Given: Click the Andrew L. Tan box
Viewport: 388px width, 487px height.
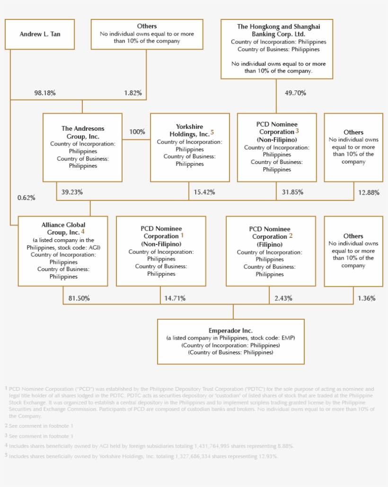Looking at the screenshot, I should [x=40, y=34].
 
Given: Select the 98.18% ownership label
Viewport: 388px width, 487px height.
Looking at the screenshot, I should [x=45, y=93].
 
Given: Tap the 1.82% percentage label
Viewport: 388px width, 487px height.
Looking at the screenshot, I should [x=133, y=93].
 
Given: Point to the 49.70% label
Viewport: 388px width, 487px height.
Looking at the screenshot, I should [x=295, y=93].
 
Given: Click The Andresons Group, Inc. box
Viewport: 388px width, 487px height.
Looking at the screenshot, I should [x=82, y=147].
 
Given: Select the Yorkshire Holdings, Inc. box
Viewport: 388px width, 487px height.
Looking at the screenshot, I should [x=190, y=147].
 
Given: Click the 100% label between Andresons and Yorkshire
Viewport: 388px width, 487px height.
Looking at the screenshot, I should [x=137, y=132].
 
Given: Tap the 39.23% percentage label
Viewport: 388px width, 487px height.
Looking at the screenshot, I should [x=72, y=192].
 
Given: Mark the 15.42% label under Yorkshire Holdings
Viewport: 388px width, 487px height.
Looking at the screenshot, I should [x=204, y=192].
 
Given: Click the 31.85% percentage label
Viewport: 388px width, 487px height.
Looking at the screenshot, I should [x=292, y=192].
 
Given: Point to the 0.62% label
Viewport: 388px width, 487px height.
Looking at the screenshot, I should [x=26, y=198].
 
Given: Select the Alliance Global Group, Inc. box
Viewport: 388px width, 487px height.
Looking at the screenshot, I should [x=63, y=251].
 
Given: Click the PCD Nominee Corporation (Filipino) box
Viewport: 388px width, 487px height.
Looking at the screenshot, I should [x=271, y=251].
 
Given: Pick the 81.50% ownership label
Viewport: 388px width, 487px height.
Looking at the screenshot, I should [x=79, y=298].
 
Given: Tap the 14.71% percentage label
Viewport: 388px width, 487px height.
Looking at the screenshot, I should [x=175, y=298].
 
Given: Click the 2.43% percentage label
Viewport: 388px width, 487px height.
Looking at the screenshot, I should [x=283, y=298].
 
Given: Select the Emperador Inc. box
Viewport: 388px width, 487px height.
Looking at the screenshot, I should [x=230, y=341].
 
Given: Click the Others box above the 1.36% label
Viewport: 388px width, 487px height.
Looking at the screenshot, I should [x=353, y=251].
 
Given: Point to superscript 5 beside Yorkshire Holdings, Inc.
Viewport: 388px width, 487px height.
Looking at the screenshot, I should [x=212, y=132].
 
